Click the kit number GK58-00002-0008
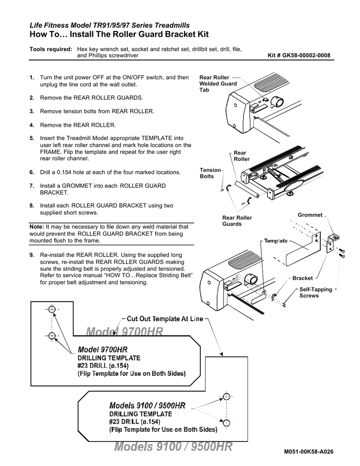coord(300,56)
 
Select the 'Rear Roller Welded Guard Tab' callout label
coord(218,84)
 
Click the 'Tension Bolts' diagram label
coord(210,173)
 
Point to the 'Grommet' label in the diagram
coord(309,215)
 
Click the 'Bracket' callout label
coord(302,278)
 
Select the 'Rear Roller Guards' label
coord(237,221)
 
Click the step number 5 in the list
coord(32,138)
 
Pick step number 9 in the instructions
coord(32,255)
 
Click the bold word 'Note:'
coord(36,226)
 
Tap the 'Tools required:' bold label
coord(51,49)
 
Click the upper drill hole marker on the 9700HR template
coord(51,309)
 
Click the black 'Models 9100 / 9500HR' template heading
coord(147,405)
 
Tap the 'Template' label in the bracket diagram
coord(276,241)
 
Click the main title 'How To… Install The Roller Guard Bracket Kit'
coord(119,35)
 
